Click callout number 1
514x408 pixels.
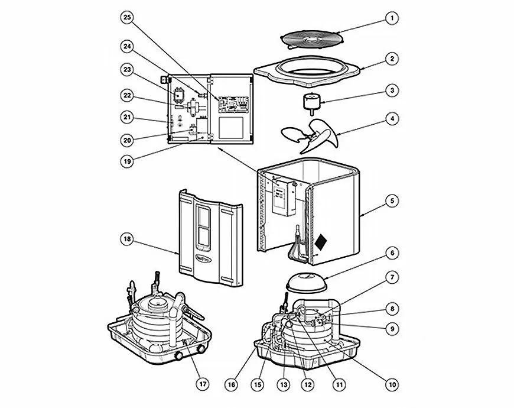point(391,18)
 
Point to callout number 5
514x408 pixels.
point(391,200)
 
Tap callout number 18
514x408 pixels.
point(127,239)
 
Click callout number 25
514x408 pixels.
point(127,18)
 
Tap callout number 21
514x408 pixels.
point(127,118)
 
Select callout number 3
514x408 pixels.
point(391,91)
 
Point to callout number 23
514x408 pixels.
point(127,69)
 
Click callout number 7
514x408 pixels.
point(391,276)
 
